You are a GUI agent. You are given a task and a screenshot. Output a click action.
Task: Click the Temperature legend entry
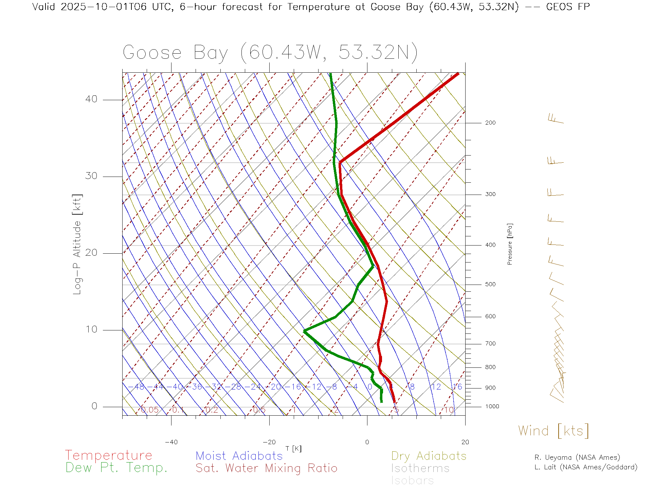pyautogui.click(x=109, y=455)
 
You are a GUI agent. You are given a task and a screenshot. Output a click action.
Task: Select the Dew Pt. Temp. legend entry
pyautogui.click(x=116, y=468)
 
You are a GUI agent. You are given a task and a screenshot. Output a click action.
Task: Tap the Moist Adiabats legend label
pyautogui.click(x=239, y=456)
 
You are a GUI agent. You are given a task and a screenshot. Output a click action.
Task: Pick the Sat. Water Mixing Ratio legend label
pyautogui.click(x=266, y=468)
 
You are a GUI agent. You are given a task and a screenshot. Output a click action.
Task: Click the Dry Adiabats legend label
pyautogui.click(x=429, y=456)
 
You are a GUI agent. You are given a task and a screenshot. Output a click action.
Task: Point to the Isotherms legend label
pyautogui.click(x=420, y=468)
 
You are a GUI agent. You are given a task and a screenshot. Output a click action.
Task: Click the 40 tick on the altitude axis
pyautogui.click(x=91, y=99)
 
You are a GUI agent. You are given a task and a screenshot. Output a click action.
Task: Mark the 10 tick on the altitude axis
pyautogui.click(x=91, y=329)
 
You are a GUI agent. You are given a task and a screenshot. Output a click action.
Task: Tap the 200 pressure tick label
pyautogui.click(x=490, y=123)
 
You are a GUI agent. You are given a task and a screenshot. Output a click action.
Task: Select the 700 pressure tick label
pyautogui.click(x=490, y=344)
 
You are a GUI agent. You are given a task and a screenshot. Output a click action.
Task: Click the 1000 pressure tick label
pyautogui.click(x=492, y=406)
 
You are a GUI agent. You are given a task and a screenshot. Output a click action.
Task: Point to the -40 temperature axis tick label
pyautogui.click(x=171, y=442)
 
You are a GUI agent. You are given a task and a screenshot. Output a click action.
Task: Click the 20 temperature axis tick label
pyautogui.click(x=465, y=442)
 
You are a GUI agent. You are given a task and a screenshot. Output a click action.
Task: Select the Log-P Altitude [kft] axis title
pyautogui.click(x=77, y=244)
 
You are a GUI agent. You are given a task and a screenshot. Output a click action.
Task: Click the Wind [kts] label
pyautogui.click(x=553, y=431)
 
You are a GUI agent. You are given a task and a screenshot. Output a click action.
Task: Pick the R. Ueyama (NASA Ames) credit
pyautogui.click(x=577, y=457)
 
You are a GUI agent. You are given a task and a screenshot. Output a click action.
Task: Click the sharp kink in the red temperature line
pyautogui.click(x=340, y=162)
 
